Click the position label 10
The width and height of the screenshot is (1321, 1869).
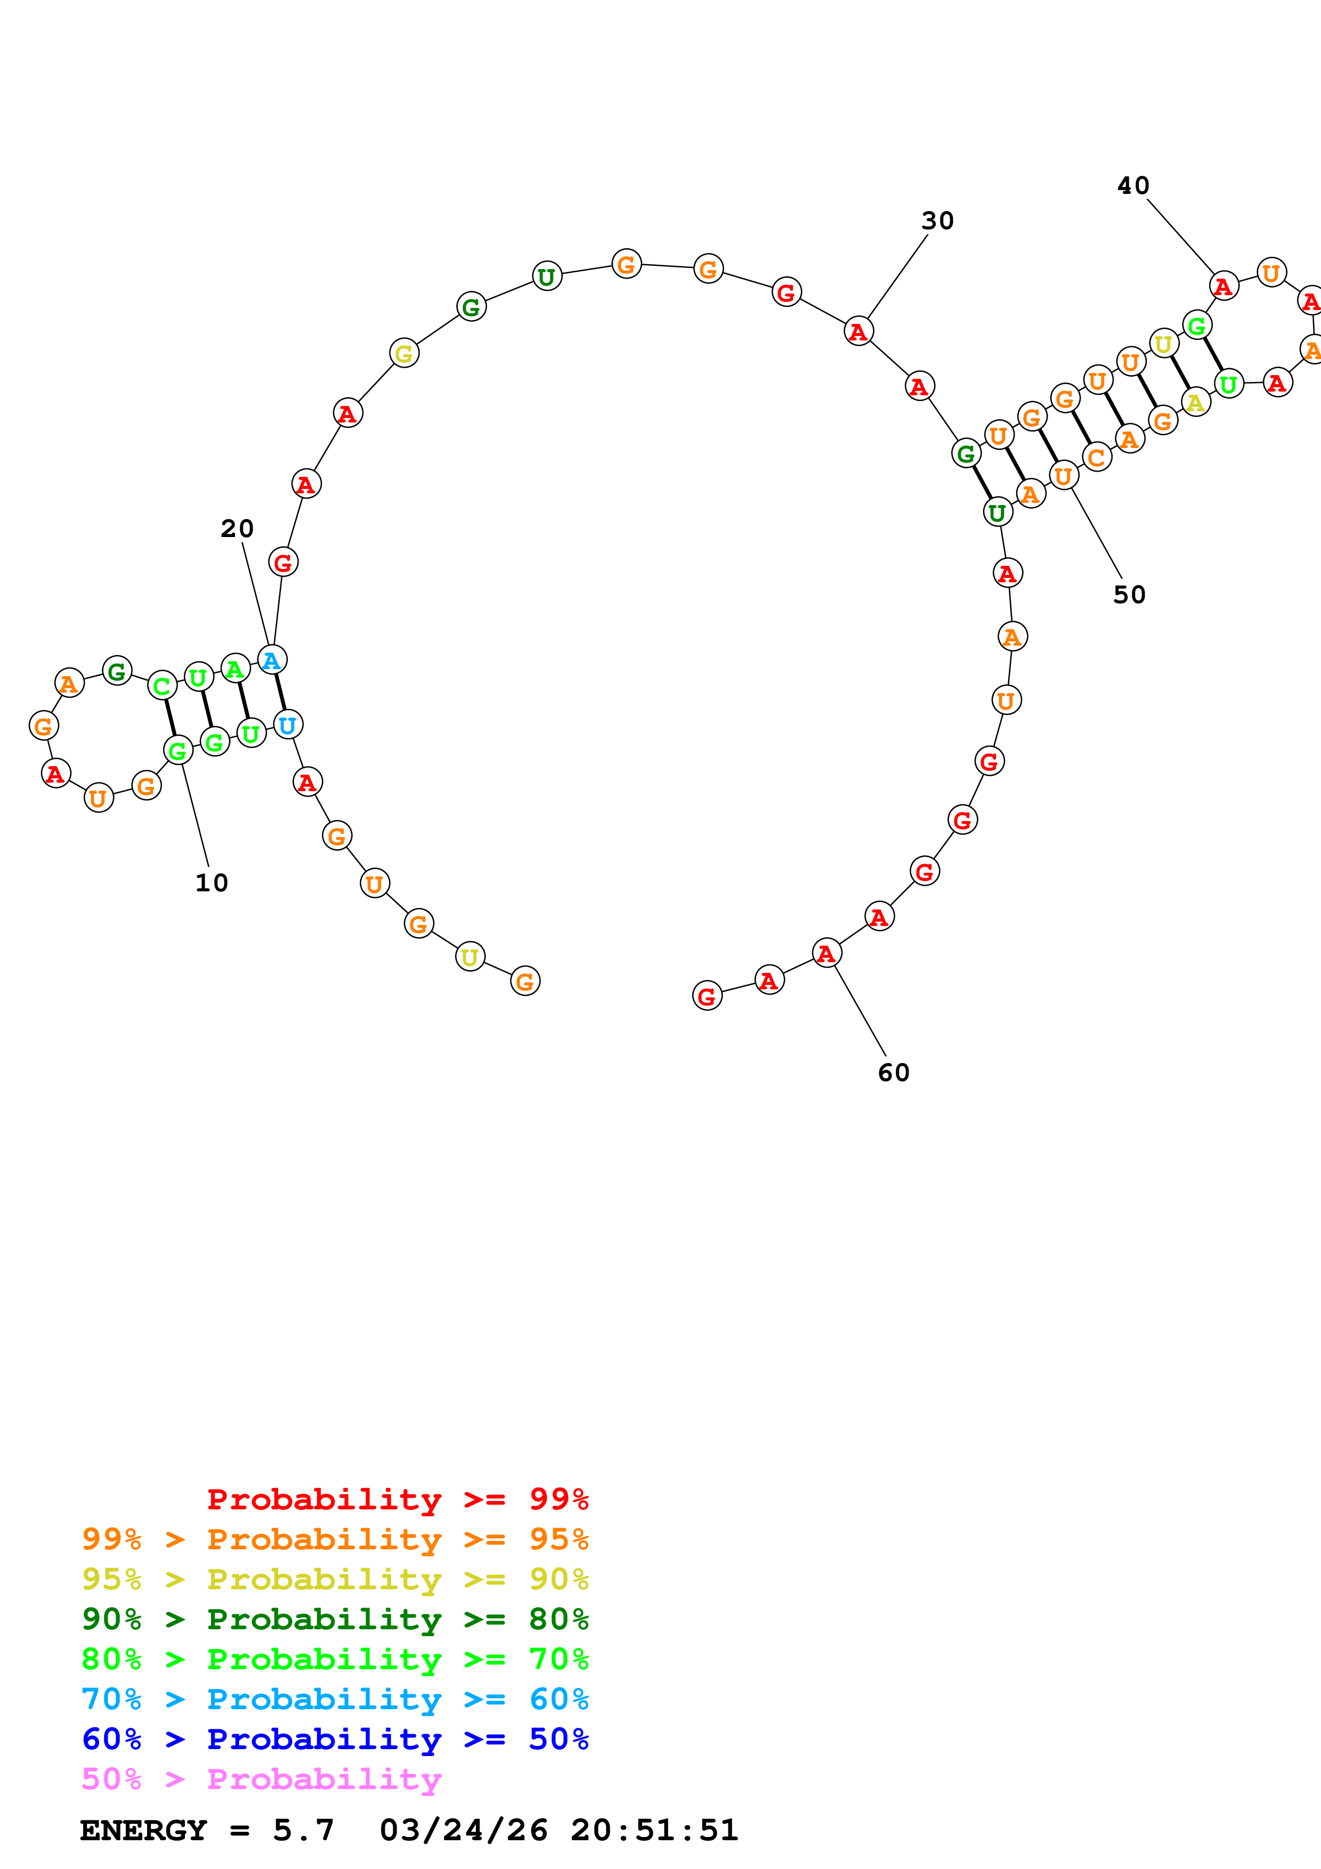point(212,882)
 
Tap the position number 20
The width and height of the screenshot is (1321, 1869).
point(237,529)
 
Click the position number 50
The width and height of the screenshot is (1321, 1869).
point(1129,595)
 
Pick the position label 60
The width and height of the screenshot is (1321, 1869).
point(893,1073)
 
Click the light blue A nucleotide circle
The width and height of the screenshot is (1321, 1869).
point(272,660)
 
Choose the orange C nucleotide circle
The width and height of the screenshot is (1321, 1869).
point(1096,458)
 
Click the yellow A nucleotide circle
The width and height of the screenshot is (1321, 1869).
point(1195,402)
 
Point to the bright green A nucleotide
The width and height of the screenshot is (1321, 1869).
point(235,668)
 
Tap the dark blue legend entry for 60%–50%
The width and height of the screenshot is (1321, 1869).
point(335,1739)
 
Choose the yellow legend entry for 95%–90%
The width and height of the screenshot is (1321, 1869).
point(335,1579)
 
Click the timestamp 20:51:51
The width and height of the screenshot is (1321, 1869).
point(654,1830)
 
